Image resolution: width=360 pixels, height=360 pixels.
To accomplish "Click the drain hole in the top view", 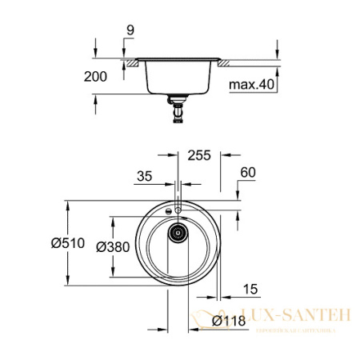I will (177, 234).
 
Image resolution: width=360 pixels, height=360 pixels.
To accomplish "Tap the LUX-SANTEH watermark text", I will (288, 315).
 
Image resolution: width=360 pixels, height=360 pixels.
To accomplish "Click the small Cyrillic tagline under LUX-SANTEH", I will (288, 328).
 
